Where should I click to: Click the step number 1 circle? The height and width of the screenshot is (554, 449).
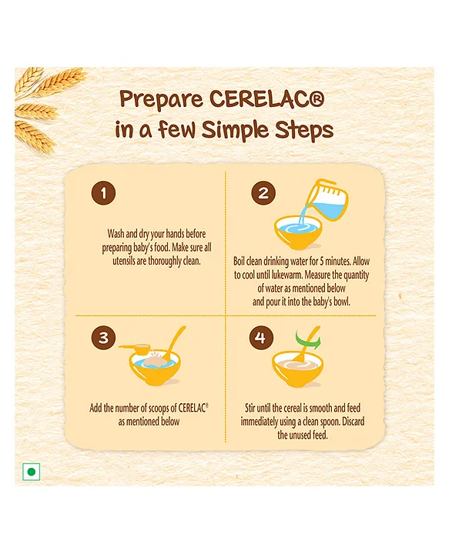(104, 193)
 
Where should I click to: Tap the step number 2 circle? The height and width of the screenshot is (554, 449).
(263, 193)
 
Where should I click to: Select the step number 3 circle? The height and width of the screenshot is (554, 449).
(104, 338)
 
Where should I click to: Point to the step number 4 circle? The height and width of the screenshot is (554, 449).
(260, 338)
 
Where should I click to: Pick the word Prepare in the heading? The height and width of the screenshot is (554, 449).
(161, 100)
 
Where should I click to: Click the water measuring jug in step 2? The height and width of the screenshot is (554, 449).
(326, 199)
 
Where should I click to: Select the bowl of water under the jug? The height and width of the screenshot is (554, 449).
(298, 232)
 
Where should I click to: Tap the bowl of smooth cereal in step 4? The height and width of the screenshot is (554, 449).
(298, 369)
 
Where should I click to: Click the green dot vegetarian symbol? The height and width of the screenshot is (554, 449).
(31, 472)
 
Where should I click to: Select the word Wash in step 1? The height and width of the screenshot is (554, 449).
(116, 234)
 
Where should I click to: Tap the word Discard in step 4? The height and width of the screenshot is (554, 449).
(354, 422)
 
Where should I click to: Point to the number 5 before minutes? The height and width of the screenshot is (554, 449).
(322, 262)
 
